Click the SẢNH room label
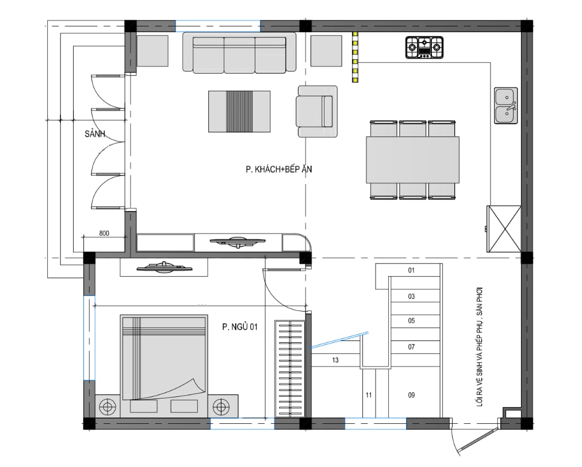click(x=95, y=133)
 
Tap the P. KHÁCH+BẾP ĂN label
click(x=279, y=169)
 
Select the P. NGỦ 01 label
click(x=240, y=327)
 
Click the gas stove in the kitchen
click(x=424, y=48)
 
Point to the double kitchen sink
click(x=506, y=105)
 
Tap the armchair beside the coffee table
click(x=317, y=112)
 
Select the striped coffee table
click(x=239, y=112)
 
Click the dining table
click(x=413, y=160)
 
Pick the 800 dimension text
click(x=104, y=233)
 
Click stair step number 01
click(x=411, y=270)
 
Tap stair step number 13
click(x=335, y=360)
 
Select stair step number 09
click(x=411, y=395)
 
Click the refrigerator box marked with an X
click(x=504, y=229)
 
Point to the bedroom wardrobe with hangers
click(x=290, y=368)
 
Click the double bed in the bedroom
click(x=164, y=358)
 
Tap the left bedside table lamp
click(x=108, y=407)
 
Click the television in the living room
click(x=238, y=242)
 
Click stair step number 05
click(x=411, y=321)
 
